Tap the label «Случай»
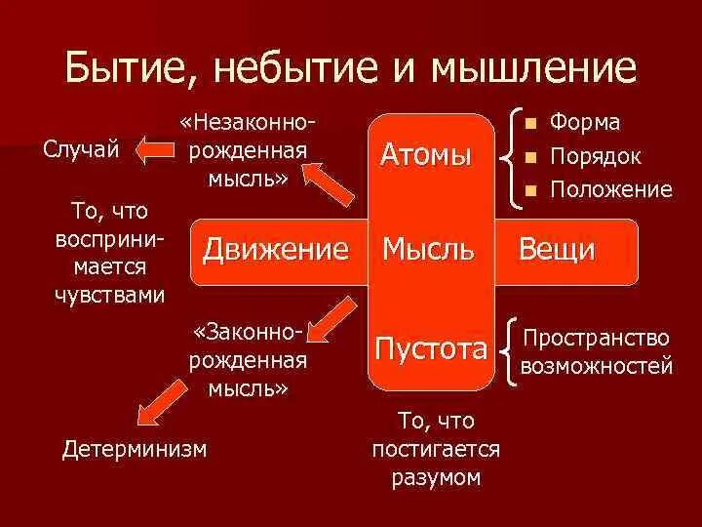(82, 149)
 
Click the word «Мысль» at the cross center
(428, 249)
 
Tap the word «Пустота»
(428, 348)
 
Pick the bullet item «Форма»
(585, 123)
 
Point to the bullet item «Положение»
(610, 188)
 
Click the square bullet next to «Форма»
(530, 124)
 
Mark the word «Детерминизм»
(135, 448)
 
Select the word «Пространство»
(597, 339)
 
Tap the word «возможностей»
(597, 367)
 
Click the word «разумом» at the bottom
(436, 477)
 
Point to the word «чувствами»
(109, 295)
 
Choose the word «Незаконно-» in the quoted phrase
(248, 124)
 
